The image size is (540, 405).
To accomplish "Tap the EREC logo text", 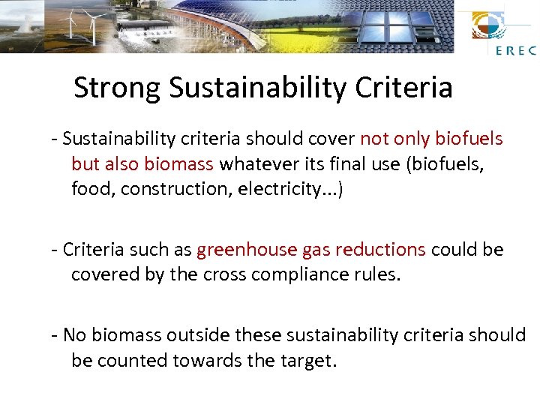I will point(515,51).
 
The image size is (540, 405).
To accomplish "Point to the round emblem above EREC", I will point(489,27).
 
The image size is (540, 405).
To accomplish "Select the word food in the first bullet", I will point(91,190).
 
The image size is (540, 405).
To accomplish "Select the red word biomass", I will point(179,164).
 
